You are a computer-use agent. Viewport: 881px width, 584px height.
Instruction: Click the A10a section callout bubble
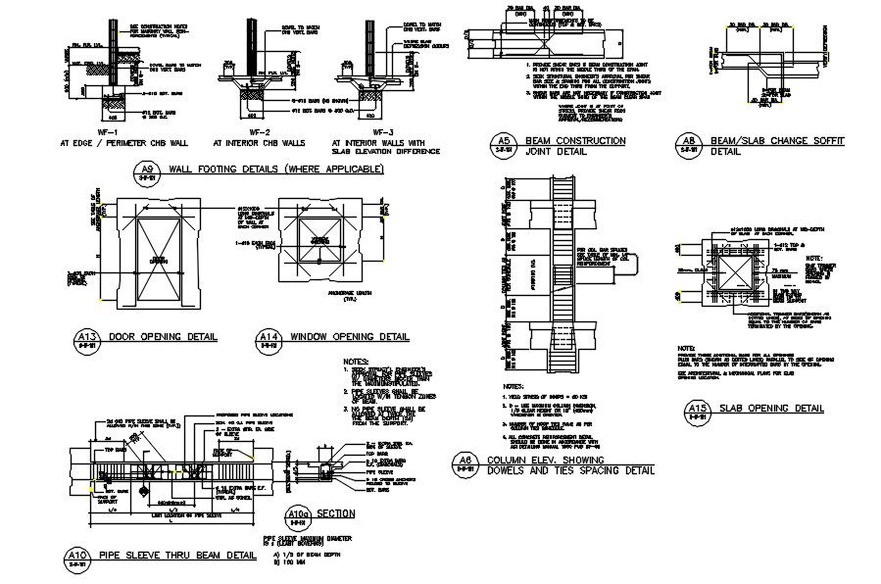coord(300,513)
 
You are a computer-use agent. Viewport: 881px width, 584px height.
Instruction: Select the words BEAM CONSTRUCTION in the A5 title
coord(576,141)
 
